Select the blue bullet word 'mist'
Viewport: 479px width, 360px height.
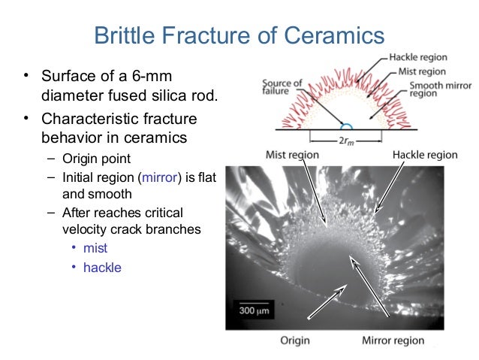(95, 248)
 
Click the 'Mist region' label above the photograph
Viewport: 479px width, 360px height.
(292, 155)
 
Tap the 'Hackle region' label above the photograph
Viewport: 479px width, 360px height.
(424, 155)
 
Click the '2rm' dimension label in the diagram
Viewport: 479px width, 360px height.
(347, 138)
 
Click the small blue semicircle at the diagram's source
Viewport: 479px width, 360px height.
(346, 125)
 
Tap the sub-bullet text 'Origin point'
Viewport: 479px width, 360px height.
(97, 159)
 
